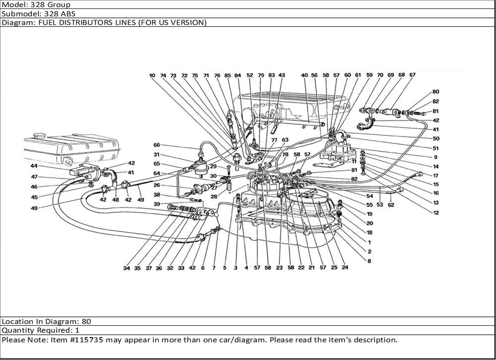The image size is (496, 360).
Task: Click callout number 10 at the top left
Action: coord(152,75)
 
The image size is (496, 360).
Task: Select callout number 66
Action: coord(157,145)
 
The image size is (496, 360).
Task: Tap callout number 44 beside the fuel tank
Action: coord(34,166)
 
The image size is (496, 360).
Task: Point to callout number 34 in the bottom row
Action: coord(127,268)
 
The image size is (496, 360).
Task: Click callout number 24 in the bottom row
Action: coord(345,268)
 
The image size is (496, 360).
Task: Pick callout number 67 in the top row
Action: coord(412,75)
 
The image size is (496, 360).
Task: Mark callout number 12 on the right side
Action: coord(436,213)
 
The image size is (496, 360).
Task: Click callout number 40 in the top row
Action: coord(304,75)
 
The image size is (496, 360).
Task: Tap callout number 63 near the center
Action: coord(285,140)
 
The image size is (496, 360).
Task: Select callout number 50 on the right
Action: coord(436,138)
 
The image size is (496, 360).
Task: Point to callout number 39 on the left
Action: coord(157,204)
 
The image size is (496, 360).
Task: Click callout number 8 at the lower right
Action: coord(370,260)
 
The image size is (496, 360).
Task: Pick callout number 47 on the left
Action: coord(34,177)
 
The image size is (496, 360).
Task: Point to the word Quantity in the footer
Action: coord(18,330)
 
